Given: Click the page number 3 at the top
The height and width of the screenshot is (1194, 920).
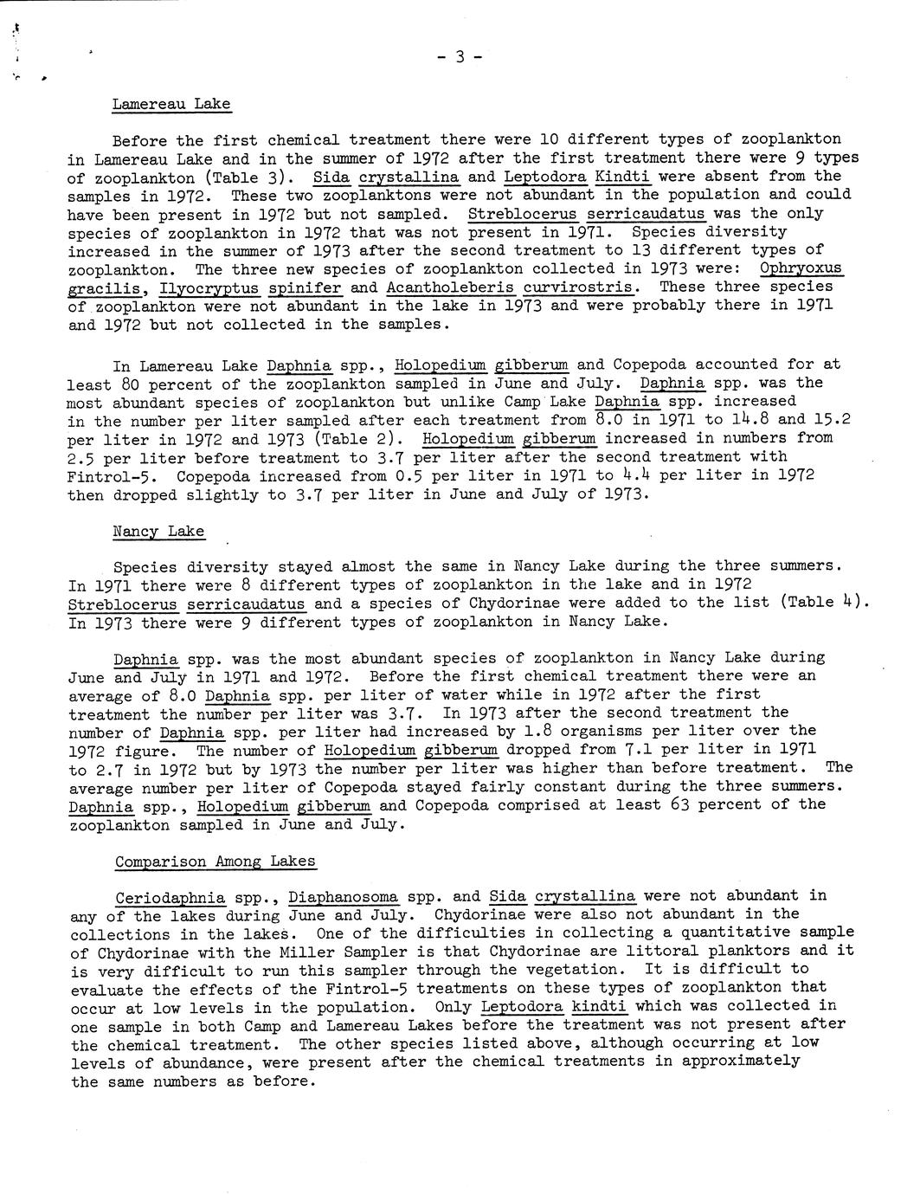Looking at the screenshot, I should click(460, 57).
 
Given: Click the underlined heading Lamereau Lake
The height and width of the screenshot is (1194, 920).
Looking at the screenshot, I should click(171, 104).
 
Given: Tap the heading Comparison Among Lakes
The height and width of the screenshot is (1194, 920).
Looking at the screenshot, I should click(215, 862).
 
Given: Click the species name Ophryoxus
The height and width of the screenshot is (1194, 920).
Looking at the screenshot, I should click(801, 268).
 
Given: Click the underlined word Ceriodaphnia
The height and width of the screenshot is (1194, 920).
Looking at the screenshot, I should click(170, 896).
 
